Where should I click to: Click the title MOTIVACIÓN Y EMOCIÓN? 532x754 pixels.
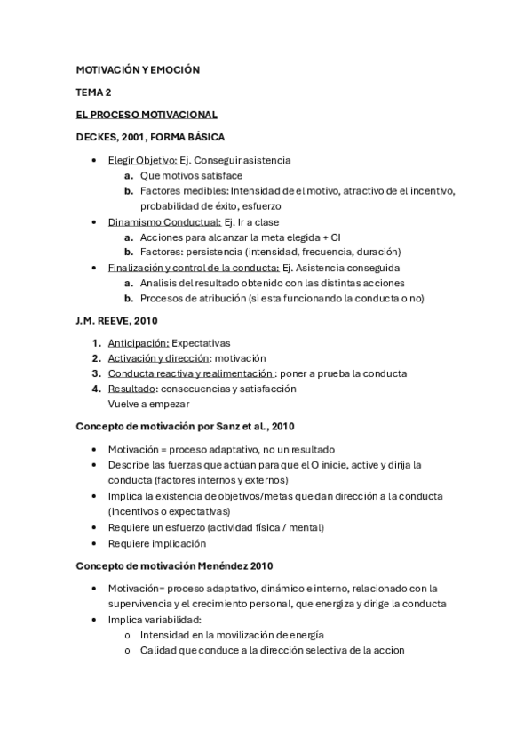[x=138, y=69]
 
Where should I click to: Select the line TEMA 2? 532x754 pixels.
[x=93, y=92]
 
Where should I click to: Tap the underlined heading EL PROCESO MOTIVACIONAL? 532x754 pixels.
[x=147, y=115]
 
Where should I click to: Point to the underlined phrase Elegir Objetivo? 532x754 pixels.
[x=142, y=160]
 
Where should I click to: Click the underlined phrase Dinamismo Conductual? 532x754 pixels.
[x=164, y=222]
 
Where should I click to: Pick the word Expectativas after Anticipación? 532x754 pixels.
[x=201, y=342]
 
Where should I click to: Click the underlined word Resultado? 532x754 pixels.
[x=131, y=389]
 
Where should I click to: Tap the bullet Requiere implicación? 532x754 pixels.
[x=156, y=542]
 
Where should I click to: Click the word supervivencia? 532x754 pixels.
[x=144, y=604]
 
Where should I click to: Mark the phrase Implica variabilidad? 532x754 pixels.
[x=155, y=620]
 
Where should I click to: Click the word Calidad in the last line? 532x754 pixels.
[x=158, y=650]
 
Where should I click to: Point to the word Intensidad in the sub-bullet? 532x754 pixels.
[x=165, y=635]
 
